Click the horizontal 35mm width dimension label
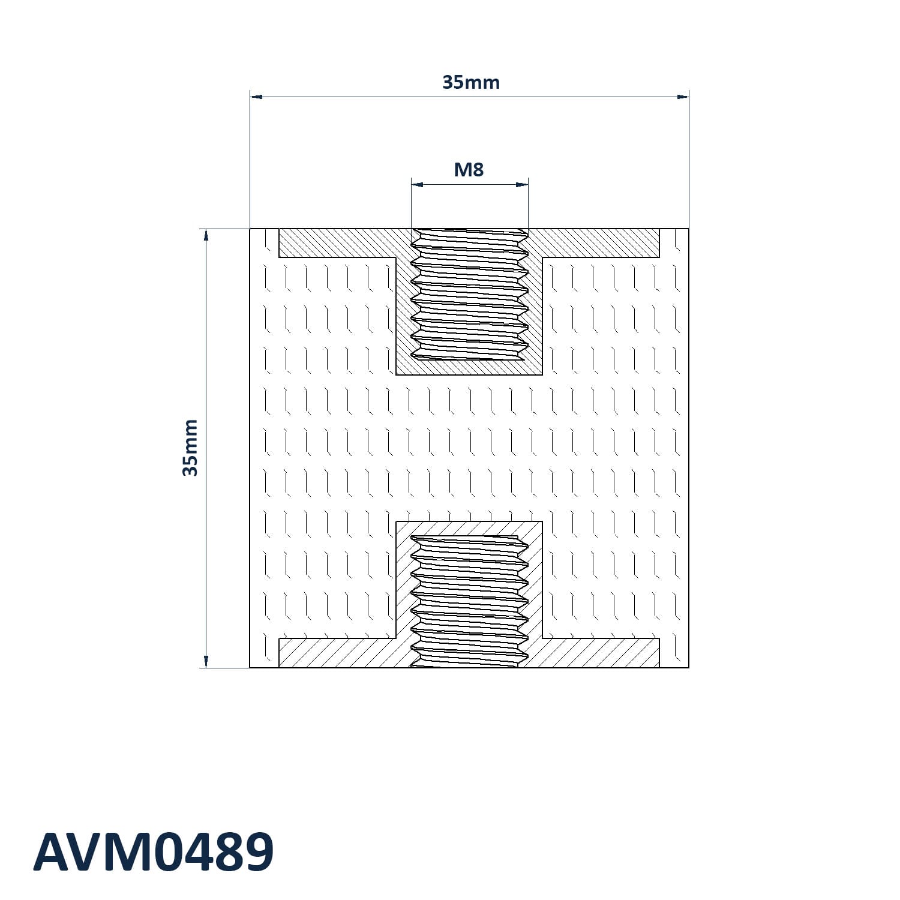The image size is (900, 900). pyautogui.click(x=471, y=82)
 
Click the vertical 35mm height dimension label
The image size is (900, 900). pyautogui.click(x=190, y=448)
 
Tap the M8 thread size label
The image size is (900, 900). pyautogui.click(x=469, y=170)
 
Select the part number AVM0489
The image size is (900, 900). pyautogui.click(x=154, y=852)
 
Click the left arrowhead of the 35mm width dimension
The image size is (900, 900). pyautogui.click(x=256, y=96)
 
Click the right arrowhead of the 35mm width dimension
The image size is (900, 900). pyautogui.click(x=683, y=96)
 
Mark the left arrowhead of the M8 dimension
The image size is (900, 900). pyautogui.click(x=418, y=184)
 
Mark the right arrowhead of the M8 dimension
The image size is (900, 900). pyautogui.click(x=522, y=184)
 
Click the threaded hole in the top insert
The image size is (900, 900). pyautogui.click(x=470, y=295)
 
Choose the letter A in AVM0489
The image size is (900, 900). pyautogui.click(x=51, y=852)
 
